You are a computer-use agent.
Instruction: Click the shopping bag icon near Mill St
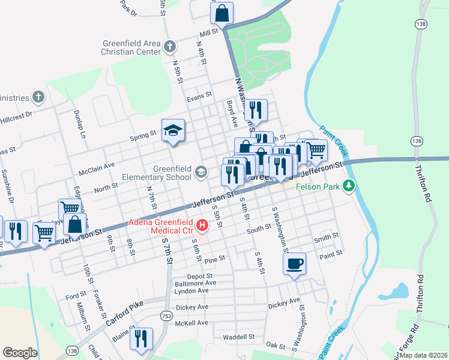tap(221, 13)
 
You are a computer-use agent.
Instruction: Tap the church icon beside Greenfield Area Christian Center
tap(170, 46)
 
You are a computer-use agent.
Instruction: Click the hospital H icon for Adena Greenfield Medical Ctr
tap(202, 226)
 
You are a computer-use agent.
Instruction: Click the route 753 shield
tap(166, 315)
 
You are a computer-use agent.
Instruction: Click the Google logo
tap(20, 353)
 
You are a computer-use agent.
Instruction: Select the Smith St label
tap(327, 238)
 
